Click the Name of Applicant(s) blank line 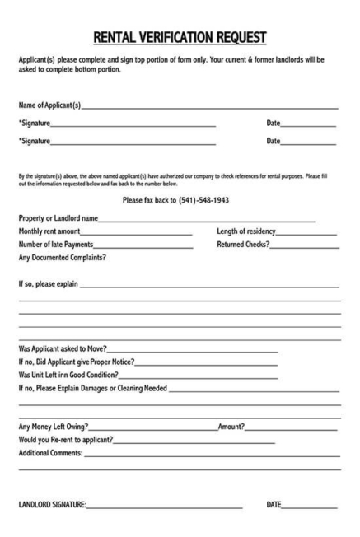coord(209,107)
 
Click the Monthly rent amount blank coord(136,232)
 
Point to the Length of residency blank coord(306,232)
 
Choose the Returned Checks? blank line coord(304,245)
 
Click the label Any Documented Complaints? coord(63,257)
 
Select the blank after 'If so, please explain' coord(209,286)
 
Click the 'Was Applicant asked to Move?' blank coord(191,350)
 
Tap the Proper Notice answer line coord(206,363)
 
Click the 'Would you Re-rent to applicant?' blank coord(194,441)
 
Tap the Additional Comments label coord(50,454)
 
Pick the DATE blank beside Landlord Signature coord(309,506)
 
